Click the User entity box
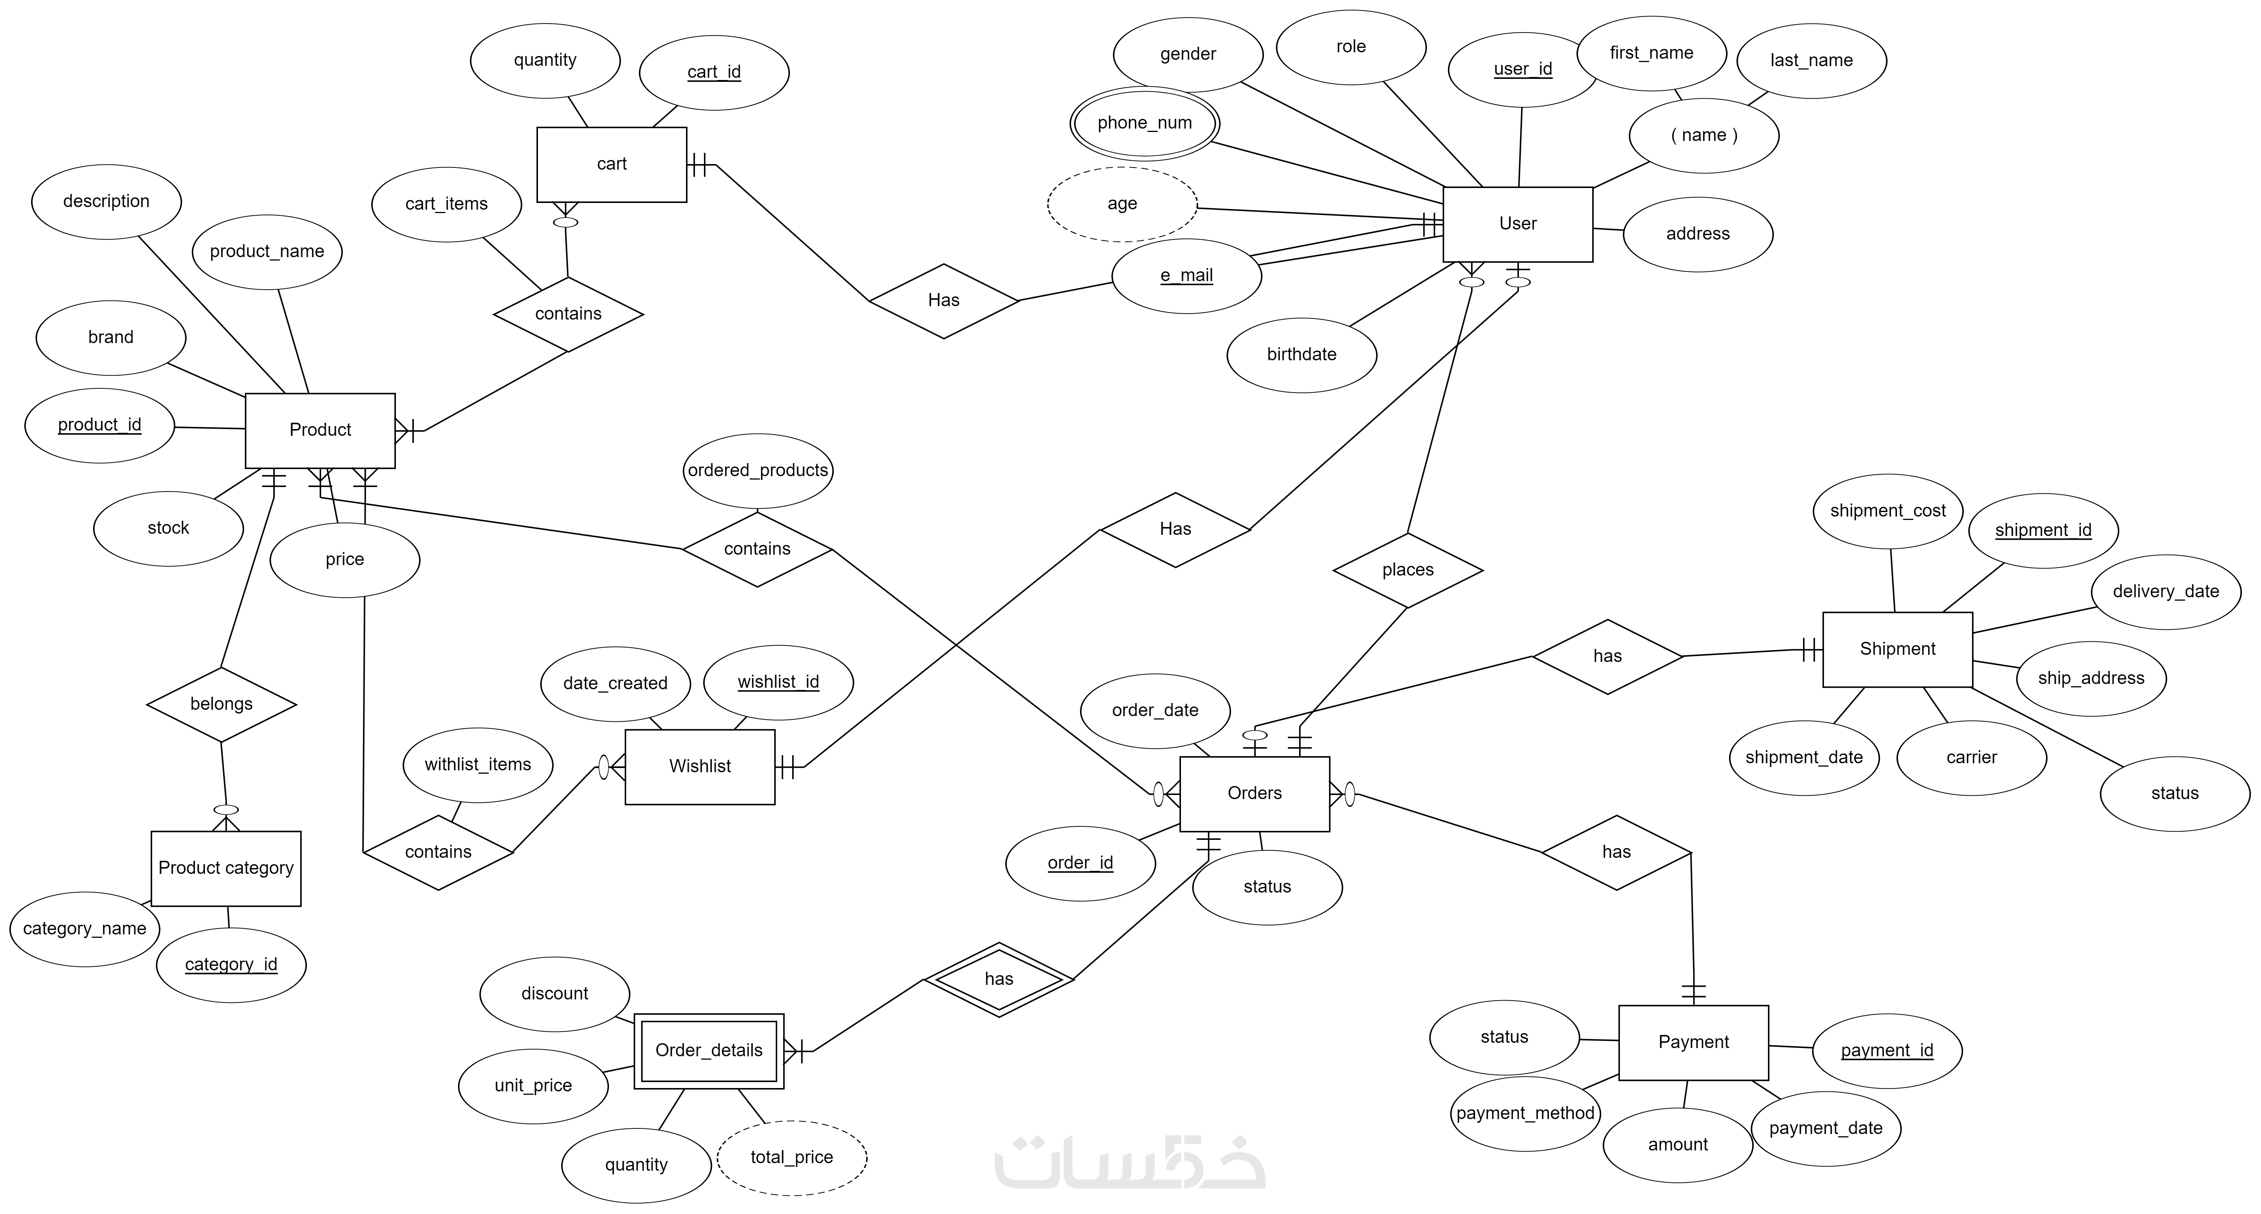coord(1517,224)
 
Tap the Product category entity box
coord(225,868)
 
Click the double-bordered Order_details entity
coord(708,1051)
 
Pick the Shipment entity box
coord(1897,650)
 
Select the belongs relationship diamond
coord(221,704)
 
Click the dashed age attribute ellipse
coord(1122,204)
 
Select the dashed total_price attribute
coord(791,1157)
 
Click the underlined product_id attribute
coord(99,425)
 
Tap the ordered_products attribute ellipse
coord(757,471)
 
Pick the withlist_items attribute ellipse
coord(477,765)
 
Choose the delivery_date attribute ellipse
coord(2165,592)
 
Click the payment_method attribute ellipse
coord(1525,1113)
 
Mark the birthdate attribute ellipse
coord(1301,355)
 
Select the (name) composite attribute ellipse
coord(1703,135)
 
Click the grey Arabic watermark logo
coord(1130,1163)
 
